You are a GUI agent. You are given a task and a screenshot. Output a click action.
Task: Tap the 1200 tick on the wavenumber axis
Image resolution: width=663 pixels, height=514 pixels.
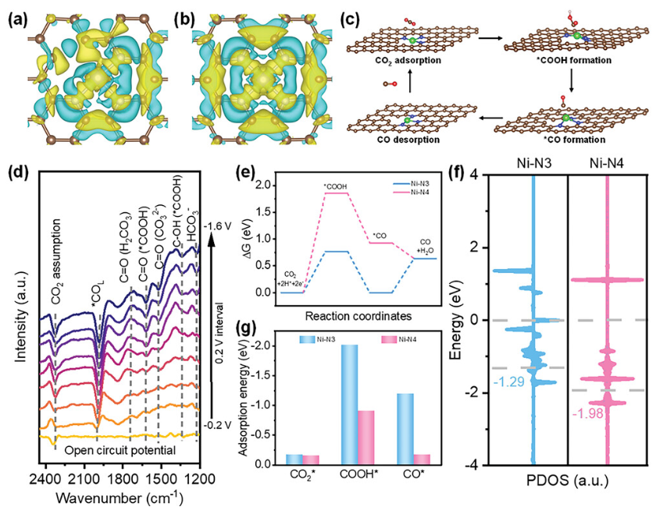(198, 474)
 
